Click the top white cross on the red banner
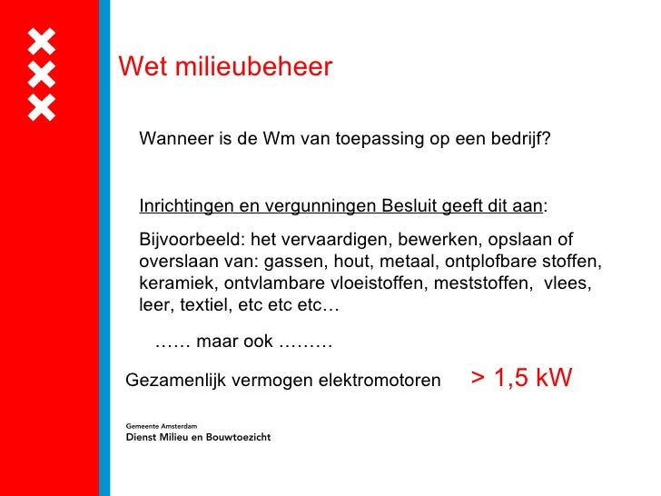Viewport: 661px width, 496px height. click(41, 42)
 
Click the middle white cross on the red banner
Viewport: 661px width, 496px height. click(41, 74)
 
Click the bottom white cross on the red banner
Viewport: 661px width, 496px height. click(41, 107)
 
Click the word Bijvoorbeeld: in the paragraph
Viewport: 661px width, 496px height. click(190, 240)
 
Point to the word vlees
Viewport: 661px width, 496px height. click(568, 283)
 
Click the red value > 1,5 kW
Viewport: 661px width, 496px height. click(521, 378)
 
